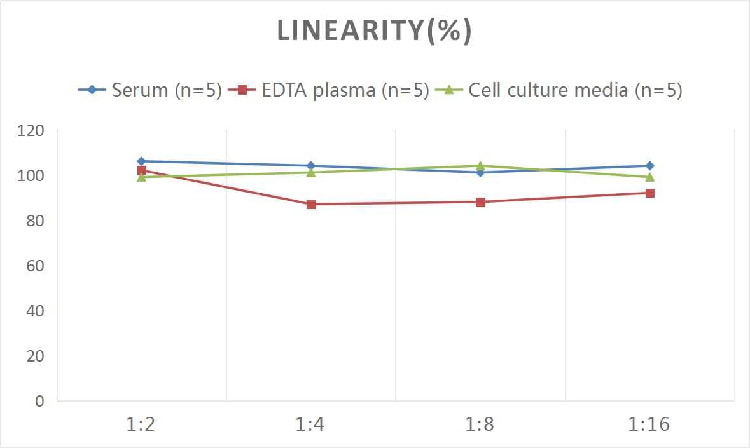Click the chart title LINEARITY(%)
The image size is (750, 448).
click(x=375, y=32)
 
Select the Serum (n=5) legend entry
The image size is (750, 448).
click(x=150, y=90)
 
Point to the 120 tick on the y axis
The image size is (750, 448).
click(x=31, y=131)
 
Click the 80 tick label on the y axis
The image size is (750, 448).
click(x=35, y=221)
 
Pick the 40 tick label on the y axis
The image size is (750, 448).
click(x=35, y=311)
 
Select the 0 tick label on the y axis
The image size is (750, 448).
click(x=40, y=401)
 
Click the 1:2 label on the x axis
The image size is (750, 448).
click(x=141, y=424)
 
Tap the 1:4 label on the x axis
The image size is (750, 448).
click(x=310, y=424)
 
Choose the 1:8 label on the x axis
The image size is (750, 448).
click(x=480, y=424)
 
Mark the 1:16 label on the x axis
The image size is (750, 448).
click(x=649, y=424)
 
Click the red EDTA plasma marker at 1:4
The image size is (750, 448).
click(x=311, y=205)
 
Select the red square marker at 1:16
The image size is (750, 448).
click(x=650, y=193)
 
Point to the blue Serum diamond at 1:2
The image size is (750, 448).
click(x=141, y=161)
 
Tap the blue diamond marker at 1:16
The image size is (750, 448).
click(x=650, y=166)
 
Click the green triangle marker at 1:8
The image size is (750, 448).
click(x=480, y=166)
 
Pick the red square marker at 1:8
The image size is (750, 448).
click(x=480, y=202)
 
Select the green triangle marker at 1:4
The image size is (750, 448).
click(x=311, y=172)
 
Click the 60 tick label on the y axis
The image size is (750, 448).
click(x=35, y=266)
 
